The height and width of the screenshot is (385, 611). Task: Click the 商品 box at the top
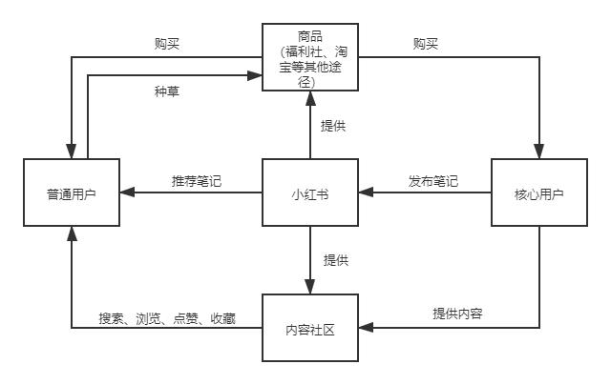pos(310,58)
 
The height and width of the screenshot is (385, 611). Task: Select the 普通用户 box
pos(72,192)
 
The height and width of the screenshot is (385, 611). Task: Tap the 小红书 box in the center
pos(310,192)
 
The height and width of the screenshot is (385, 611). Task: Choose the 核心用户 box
pos(538,192)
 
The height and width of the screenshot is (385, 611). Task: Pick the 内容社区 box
pos(310,328)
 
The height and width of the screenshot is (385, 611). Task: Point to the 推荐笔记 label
pos(197,180)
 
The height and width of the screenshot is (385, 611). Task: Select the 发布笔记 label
pos(433,180)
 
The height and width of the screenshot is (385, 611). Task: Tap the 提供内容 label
pos(457,314)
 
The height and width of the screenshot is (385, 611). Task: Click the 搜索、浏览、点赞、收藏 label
pos(167,316)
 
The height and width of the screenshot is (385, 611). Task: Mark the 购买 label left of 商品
pos(167,43)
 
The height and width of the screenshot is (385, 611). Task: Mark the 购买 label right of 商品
pos(426,43)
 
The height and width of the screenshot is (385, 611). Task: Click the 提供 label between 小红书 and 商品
pos(333,126)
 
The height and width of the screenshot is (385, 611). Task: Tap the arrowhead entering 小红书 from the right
pos(366,192)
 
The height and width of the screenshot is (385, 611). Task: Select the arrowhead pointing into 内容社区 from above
pos(310,288)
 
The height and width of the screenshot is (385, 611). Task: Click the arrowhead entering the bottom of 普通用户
pos(72,233)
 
